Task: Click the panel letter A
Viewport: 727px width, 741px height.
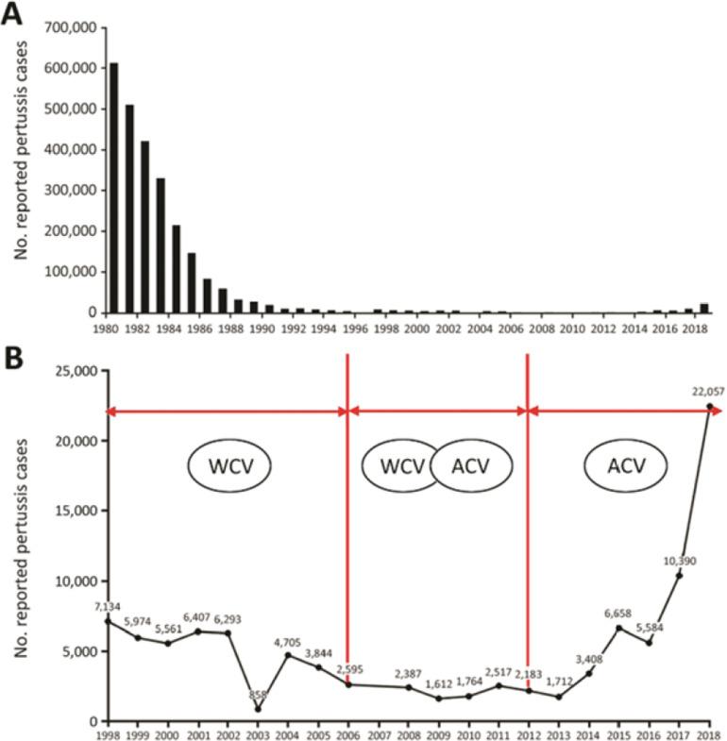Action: [x=13, y=14]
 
